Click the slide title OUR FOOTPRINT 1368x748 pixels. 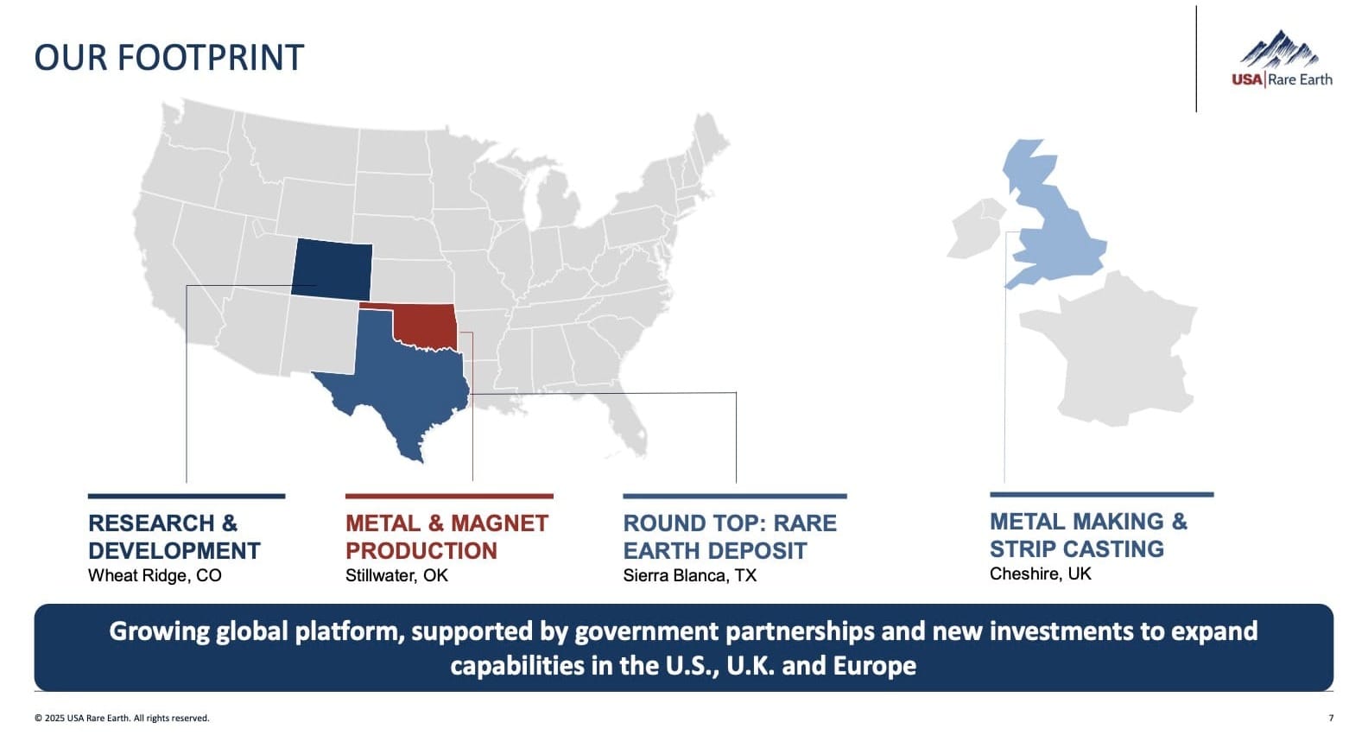click(x=169, y=58)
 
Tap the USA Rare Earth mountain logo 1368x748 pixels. click(x=1281, y=60)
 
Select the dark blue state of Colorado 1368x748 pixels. click(x=332, y=268)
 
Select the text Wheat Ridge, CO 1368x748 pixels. click(x=155, y=576)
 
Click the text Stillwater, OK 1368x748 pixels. click(x=396, y=576)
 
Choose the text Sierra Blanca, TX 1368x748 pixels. click(x=689, y=576)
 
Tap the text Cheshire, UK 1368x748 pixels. click(x=1040, y=574)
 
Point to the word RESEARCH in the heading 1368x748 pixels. click(x=151, y=523)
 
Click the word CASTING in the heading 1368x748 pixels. click(x=1120, y=549)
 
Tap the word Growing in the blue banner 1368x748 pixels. click(x=159, y=631)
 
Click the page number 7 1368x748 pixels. click(x=1331, y=719)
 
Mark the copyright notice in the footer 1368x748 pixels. click(x=122, y=719)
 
